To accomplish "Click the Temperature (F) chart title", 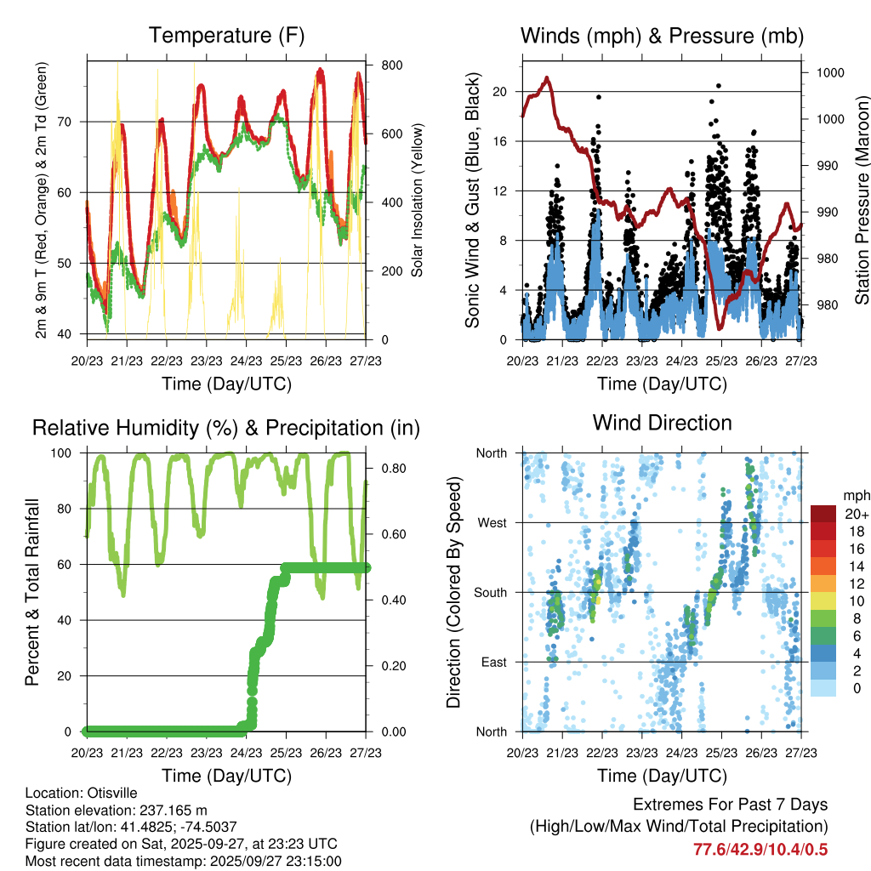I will point(226,36).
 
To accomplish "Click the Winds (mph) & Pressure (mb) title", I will point(662,36).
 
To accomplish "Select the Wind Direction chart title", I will point(662,422).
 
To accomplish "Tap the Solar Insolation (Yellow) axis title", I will point(418,200).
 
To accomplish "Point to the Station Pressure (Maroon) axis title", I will point(861,200).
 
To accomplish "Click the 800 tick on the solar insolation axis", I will point(391,65).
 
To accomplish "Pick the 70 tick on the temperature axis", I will point(71,122).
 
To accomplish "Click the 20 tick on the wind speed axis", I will point(500,92).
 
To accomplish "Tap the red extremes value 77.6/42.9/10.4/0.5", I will point(760,850).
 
